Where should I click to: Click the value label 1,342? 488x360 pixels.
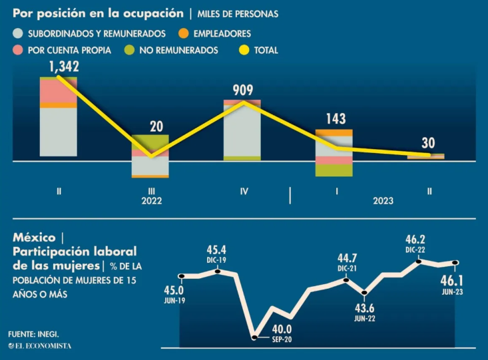[x=64, y=66]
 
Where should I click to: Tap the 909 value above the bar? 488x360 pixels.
[x=242, y=90]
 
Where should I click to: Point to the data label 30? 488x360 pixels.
[x=429, y=143]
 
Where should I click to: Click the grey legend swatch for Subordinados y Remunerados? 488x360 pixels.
[x=17, y=33]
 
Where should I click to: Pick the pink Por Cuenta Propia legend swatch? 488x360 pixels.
[x=17, y=50]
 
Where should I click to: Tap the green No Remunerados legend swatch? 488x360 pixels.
[x=129, y=50]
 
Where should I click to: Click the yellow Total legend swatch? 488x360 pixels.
[x=243, y=50]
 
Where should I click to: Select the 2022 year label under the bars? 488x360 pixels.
[x=151, y=200]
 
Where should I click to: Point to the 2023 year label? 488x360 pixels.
[x=383, y=200]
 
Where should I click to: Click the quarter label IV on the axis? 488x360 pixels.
[x=243, y=191]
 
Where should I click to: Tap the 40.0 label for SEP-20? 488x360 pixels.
[x=281, y=328]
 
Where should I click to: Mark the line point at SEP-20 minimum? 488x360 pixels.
[x=254, y=337]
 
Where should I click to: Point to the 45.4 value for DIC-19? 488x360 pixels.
[x=217, y=250]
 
